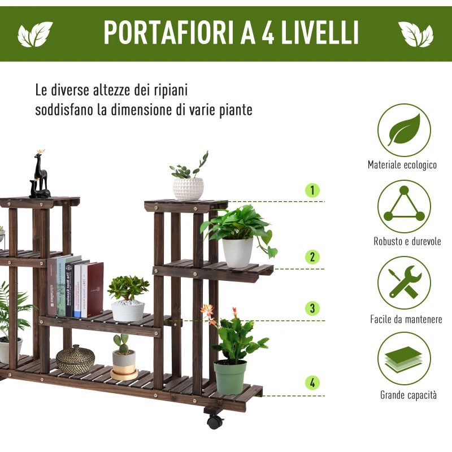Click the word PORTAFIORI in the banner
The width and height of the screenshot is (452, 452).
(169, 33)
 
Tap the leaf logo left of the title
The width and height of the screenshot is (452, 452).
(35, 34)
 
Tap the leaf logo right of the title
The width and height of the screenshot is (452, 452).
(416, 34)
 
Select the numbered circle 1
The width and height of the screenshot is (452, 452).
(312, 190)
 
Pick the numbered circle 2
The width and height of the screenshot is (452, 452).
(312, 257)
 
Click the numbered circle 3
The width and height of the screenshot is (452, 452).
(312, 308)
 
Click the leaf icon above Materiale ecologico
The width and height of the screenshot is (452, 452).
(404, 130)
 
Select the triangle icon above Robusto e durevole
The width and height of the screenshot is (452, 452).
(404, 207)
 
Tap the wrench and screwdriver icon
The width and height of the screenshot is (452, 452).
(404, 282)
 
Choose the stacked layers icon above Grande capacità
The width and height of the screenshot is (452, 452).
(404, 358)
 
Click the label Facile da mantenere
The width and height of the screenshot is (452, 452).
(406, 319)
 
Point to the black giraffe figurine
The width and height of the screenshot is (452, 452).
(40, 175)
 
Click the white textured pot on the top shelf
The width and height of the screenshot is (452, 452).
(188, 189)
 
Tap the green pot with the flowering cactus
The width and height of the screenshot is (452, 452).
(231, 376)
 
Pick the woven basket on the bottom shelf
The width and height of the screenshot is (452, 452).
(76, 359)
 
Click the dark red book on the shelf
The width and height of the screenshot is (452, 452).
(94, 289)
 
